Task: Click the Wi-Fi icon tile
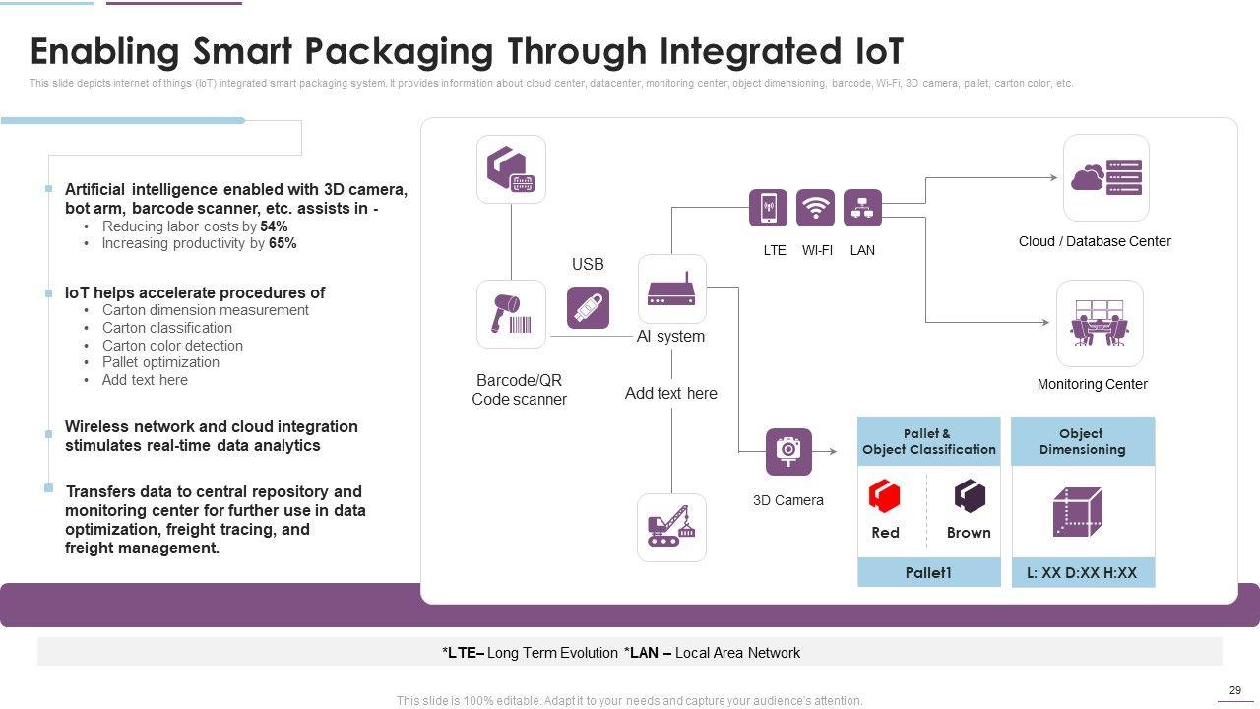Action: tap(815, 208)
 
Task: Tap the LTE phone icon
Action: tap(768, 208)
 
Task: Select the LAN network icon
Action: tap(862, 208)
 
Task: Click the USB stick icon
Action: tap(588, 307)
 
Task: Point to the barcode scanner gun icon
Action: tap(511, 314)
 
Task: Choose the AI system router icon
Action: tap(671, 290)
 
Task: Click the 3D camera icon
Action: tap(788, 451)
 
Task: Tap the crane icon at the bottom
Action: tap(671, 528)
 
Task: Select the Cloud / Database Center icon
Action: tap(1105, 177)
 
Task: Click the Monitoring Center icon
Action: tap(1100, 323)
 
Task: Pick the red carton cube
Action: tap(885, 495)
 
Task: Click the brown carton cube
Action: tap(970, 495)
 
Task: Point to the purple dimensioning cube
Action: tap(1077, 511)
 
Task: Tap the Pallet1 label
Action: tap(928, 572)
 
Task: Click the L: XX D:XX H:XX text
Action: tap(1082, 572)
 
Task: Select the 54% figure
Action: tap(274, 226)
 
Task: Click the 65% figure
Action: tap(283, 243)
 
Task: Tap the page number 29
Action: tap(1235, 690)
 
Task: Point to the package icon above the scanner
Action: tap(511, 169)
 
